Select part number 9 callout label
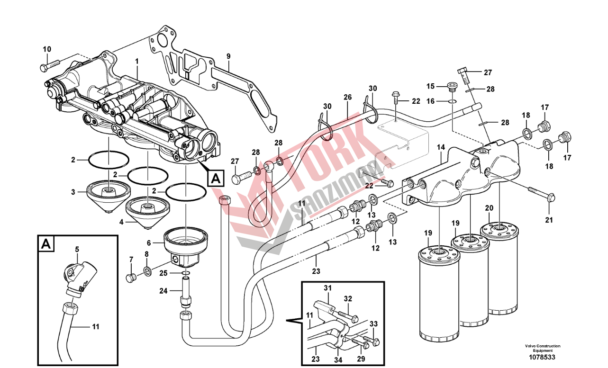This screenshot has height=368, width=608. (x=228, y=56)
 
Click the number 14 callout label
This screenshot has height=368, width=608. (x=441, y=147)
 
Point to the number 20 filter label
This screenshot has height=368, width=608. (x=489, y=208)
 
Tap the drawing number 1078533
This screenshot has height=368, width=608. (x=543, y=357)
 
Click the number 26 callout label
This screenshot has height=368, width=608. (x=348, y=98)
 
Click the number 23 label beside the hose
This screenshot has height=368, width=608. (x=316, y=271)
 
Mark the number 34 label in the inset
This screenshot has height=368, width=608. (x=338, y=359)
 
